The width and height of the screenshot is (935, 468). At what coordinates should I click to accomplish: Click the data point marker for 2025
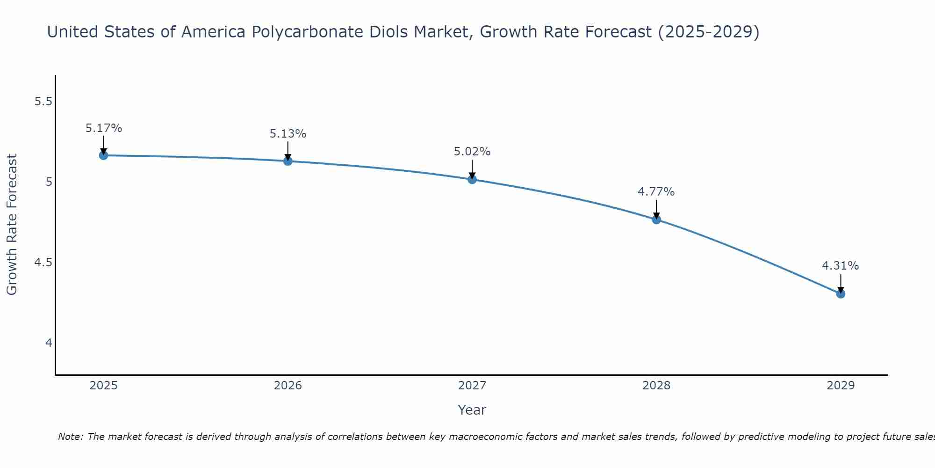[x=104, y=155]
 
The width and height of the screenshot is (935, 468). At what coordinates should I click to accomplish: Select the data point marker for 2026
[x=288, y=161]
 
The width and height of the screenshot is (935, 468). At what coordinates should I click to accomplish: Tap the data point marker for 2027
[x=472, y=179]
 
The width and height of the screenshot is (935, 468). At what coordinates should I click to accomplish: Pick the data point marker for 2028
[x=656, y=219]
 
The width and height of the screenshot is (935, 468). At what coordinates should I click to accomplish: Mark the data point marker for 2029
[x=841, y=294]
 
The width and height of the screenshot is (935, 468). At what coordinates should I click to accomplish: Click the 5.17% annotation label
[x=104, y=128]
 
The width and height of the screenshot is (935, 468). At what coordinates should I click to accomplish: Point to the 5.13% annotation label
[x=288, y=134]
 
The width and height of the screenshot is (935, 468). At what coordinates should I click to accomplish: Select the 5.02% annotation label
[x=472, y=152]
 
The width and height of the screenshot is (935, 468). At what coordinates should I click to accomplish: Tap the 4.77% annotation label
[x=656, y=192]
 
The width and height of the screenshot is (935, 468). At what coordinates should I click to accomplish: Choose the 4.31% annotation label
[x=841, y=266]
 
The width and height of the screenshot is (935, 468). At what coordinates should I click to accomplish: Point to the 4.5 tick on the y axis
[x=43, y=263]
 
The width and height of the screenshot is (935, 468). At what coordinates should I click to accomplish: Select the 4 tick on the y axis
[x=49, y=343]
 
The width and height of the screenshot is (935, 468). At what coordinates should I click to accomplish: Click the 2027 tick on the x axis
[x=472, y=386]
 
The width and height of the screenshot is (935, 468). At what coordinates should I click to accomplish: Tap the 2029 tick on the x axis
[x=841, y=386]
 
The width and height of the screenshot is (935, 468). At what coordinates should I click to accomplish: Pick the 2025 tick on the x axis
[x=104, y=386]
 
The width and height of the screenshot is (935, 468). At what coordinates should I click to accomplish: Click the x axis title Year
[x=472, y=410]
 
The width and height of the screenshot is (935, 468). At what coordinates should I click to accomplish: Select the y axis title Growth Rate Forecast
[x=12, y=225]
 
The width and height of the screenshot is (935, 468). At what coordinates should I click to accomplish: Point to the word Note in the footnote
[x=70, y=437]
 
